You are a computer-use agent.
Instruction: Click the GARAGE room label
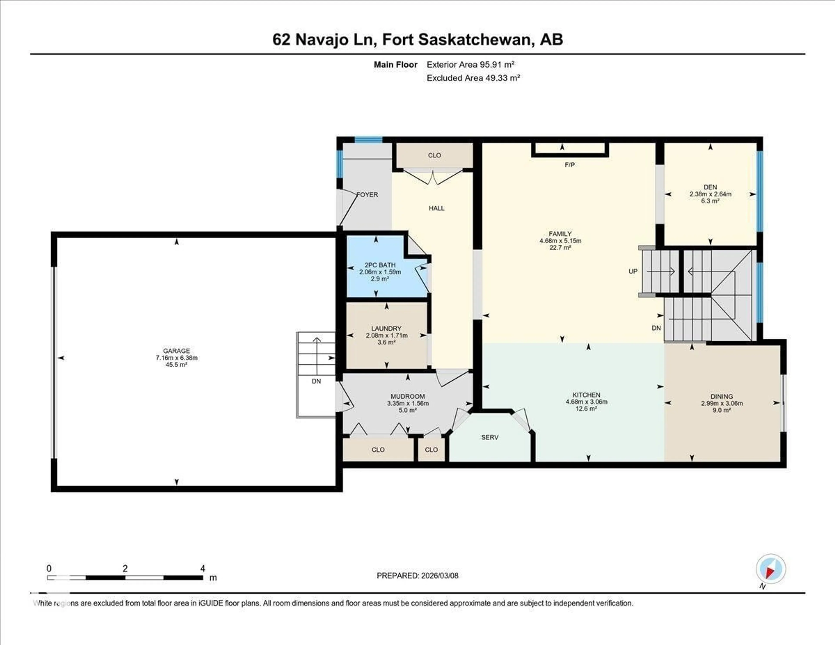pos(176,351)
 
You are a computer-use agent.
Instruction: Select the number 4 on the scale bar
pos(203,568)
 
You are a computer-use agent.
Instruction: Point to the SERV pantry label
pos(490,437)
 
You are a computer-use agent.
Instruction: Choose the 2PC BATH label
pos(380,265)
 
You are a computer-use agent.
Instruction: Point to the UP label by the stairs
pos(633,271)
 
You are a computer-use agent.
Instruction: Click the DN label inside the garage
pos(316,381)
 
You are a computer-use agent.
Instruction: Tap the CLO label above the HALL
pos(434,155)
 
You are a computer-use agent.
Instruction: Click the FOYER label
pos(367,195)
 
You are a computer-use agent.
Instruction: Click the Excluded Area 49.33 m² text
pos(473,78)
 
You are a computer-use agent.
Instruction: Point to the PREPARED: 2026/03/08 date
pos(417,575)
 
